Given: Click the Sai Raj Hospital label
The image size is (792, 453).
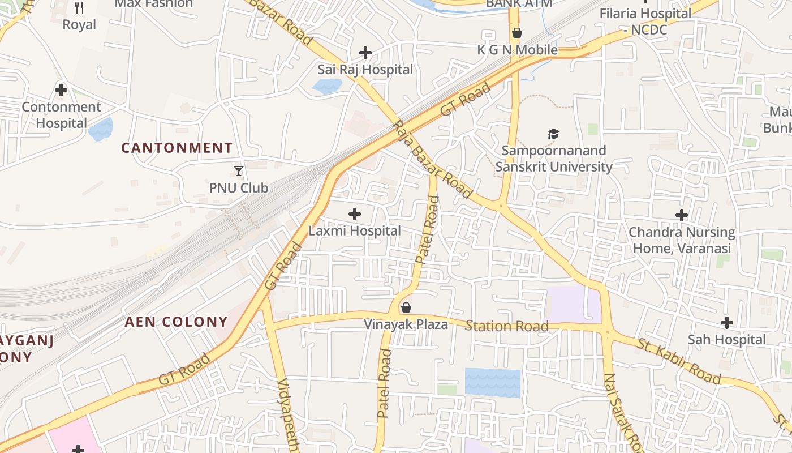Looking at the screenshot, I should click(365, 70).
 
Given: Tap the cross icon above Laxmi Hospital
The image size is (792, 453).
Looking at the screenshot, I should click(355, 214).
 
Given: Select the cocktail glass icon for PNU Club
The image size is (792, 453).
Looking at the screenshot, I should click(239, 170).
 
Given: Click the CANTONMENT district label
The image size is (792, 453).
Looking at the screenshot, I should click(177, 148).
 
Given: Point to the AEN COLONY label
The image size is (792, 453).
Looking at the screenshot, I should click(176, 322).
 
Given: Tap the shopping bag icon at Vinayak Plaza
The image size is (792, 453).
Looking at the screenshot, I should click(406, 307).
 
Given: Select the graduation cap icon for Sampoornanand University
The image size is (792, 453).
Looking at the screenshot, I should click(553, 134).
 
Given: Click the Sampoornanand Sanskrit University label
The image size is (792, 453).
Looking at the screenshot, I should click(554, 159).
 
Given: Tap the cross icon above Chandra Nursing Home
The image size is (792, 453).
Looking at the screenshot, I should click(682, 215).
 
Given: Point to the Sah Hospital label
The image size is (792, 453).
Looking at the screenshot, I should click(726, 340).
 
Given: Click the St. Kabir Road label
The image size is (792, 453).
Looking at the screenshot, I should click(679, 361).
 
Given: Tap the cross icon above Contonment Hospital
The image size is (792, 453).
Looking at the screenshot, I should click(61, 90).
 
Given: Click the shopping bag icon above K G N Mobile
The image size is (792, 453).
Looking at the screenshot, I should click(516, 33).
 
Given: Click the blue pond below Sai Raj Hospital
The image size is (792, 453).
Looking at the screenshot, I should click(327, 86).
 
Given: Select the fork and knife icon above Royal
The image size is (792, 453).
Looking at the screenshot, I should click(79, 7).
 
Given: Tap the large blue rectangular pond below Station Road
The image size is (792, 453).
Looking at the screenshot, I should click(492, 382).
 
